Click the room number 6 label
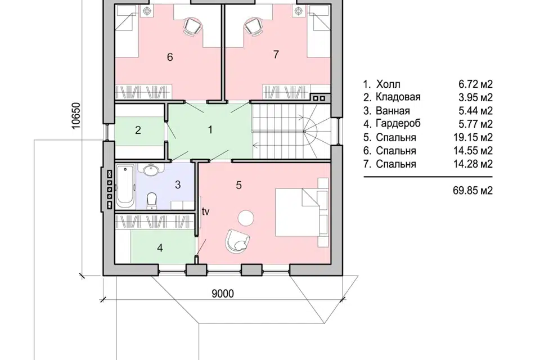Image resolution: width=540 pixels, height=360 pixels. [x=170, y=57]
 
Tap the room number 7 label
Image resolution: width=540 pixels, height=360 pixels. [x=276, y=55]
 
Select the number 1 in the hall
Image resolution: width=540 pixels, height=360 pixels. [x=210, y=130]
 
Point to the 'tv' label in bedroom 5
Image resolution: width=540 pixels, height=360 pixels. [x=205, y=211]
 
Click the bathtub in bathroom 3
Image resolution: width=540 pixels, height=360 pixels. [x=125, y=186]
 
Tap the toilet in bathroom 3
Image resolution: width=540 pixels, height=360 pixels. [x=151, y=200]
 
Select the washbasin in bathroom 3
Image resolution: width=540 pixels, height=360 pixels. [x=151, y=170]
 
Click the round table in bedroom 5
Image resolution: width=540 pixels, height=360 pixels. [x=246, y=218]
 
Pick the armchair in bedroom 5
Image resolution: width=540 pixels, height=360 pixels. [x=237, y=240]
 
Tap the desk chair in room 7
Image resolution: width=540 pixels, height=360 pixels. [x=253, y=26]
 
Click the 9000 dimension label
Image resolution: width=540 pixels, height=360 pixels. [x=223, y=294]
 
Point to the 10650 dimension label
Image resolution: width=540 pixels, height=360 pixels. [x=76, y=116]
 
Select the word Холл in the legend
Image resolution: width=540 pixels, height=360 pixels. [x=388, y=84]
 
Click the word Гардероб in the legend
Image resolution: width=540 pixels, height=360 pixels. [x=398, y=124]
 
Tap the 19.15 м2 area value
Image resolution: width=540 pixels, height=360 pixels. [x=473, y=137]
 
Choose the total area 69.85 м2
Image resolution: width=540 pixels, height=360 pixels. [x=473, y=190]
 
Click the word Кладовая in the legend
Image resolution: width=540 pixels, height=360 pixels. [x=398, y=97]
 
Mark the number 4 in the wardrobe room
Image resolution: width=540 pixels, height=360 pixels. [x=160, y=247]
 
